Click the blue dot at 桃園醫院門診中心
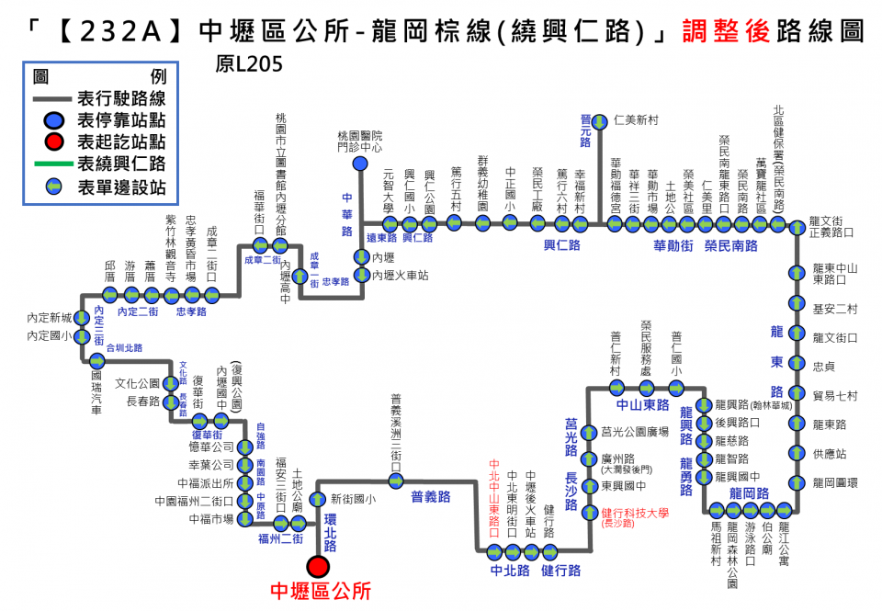[x=360, y=164]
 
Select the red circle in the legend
[x=54, y=141]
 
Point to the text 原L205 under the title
[x=248, y=65]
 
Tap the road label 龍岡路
[x=749, y=493]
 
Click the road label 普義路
[x=430, y=496]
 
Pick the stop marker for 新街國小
[x=318, y=499]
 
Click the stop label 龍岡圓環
[x=835, y=482]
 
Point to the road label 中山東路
[x=642, y=403]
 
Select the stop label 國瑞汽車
[x=96, y=390]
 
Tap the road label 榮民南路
[x=730, y=245]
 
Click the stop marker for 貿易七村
[x=797, y=396]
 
